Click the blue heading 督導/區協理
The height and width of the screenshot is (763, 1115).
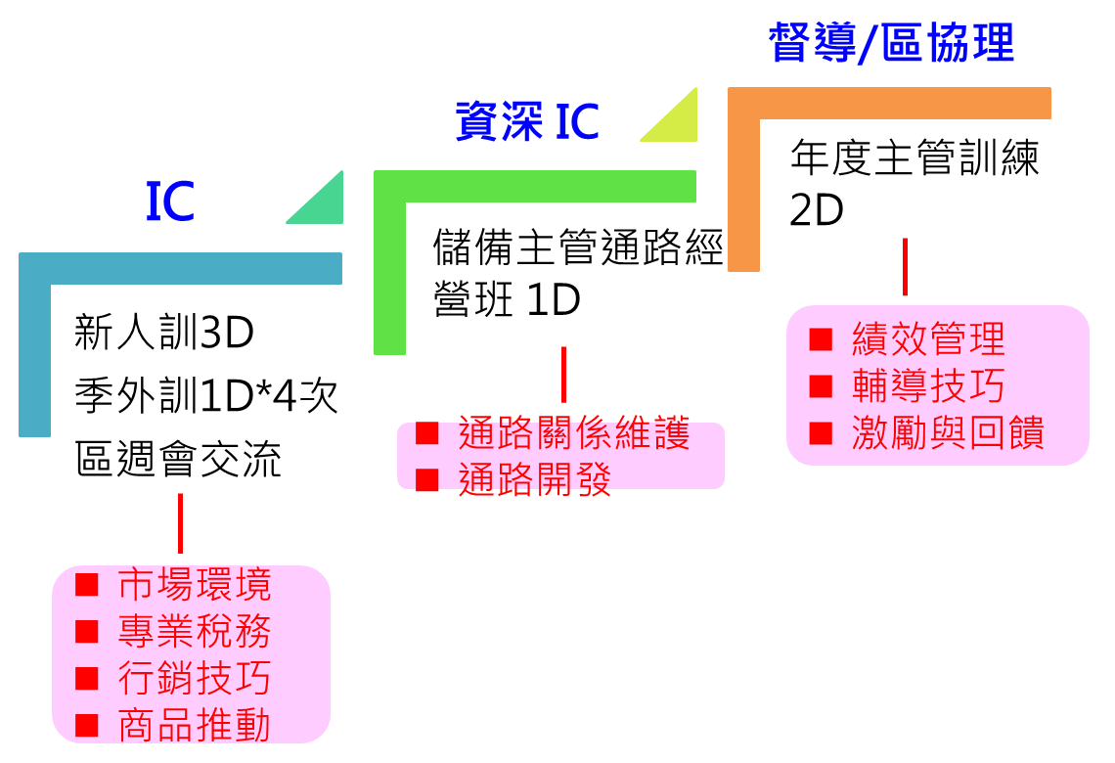click(x=891, y=43)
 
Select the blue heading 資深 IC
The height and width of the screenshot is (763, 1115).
click(x=527, y=121)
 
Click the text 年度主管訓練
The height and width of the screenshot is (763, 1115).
click(x=914, y=157)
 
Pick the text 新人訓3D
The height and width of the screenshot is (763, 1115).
click(x=164, y=332)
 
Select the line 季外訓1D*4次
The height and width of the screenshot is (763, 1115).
click(x=206, y=395)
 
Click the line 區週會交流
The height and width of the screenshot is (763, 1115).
click(x=178, y=459)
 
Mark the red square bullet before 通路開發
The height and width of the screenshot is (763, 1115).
click(x=426, y=480)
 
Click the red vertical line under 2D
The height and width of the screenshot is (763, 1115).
click(x=906, y=267)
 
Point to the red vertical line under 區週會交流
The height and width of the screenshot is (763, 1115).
click(x=181, y=523)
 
